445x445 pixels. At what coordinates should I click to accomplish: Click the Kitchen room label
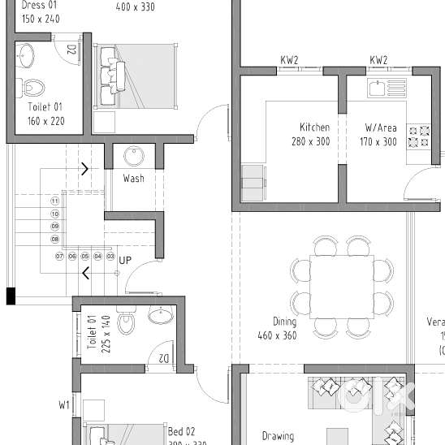pos(314,127)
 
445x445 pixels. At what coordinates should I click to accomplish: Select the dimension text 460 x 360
pos(277,335)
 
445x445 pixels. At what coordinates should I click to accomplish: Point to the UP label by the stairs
pos(125,261)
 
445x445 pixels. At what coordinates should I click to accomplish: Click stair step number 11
pos(55,200)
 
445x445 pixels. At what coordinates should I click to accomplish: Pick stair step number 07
pos(59,256)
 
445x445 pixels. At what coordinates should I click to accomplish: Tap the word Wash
pos(134,178)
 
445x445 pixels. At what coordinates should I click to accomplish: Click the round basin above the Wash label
pos(134,157)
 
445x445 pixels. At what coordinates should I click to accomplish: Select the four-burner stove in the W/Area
pos(417,136)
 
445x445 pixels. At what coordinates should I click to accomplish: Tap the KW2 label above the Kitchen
pos(289,60)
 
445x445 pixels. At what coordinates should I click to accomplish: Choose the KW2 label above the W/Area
pos(378,60)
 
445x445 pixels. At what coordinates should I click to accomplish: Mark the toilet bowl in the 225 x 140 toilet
pos(125,324)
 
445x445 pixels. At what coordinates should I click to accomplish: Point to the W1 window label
pos(64,404)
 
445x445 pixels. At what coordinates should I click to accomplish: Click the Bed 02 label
pos(181,430)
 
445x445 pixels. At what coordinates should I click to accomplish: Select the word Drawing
pos(278,436)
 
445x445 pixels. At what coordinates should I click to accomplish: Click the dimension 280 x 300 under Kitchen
pos(310,141)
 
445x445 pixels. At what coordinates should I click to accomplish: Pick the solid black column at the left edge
pos(11,296)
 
